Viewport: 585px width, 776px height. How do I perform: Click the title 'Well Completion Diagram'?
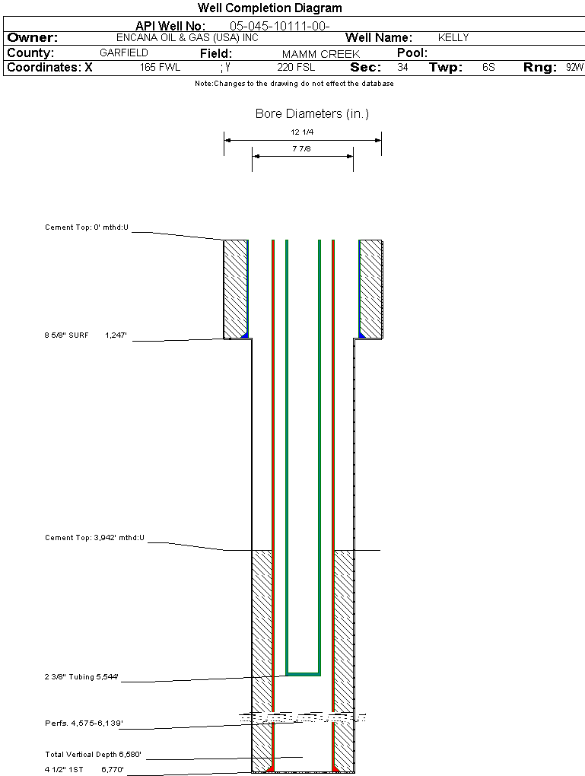click(269, 8)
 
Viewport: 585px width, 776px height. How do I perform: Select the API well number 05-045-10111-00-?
click(279, 26)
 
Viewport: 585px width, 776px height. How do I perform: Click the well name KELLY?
click(453, 37)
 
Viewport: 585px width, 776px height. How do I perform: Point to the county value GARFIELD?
click(124, 53)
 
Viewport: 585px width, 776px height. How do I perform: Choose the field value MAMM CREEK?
click(321, 54)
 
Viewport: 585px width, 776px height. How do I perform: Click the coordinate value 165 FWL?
click(160, 68)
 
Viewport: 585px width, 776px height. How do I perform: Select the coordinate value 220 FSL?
click(296, 68)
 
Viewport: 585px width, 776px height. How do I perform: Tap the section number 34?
click(402, 68)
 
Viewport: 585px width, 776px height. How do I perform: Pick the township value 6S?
click(488, 68)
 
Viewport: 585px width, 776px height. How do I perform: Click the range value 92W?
click(574, 68)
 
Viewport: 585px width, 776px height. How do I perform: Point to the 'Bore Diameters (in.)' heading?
click(312, 114)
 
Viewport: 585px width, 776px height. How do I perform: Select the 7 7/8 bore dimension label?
click(302, 149)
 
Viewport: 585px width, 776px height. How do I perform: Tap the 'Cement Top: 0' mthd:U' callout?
click(87, 227)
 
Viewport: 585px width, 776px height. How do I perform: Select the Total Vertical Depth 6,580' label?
click(93, 755)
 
